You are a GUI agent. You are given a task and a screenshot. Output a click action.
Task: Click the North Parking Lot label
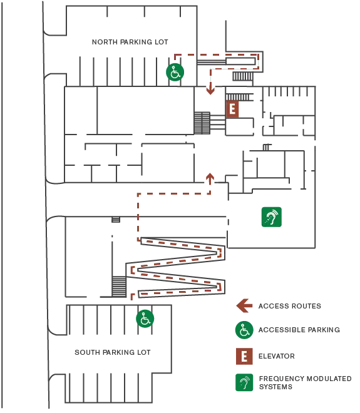tap(130, 42)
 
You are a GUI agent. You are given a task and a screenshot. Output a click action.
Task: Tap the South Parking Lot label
tap(113, 352)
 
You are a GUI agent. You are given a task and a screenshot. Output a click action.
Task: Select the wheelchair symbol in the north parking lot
tap(175, 72)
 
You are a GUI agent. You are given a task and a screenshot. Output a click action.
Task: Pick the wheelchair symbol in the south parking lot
tap(145, 319)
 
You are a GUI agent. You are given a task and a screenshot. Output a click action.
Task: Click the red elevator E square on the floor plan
tap(232, 109)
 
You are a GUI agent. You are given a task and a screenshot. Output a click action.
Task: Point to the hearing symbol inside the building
tap(272, 217)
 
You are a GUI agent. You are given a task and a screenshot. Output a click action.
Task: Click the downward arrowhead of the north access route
tap(210, 91)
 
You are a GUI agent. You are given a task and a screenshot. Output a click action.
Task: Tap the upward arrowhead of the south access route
tap(210, 177)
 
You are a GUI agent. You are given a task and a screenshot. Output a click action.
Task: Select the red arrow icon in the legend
tap(243, 306)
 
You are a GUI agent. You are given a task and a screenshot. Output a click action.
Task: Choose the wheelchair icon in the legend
tap(244, 330)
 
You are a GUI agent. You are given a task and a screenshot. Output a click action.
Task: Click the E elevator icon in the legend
tap(244, 357)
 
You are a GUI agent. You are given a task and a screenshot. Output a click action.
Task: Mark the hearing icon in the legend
tap(244, 382)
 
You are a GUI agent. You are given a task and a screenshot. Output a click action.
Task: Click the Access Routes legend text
tap(290, 306)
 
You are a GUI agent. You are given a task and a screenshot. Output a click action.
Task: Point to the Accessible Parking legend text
tap(299, 330)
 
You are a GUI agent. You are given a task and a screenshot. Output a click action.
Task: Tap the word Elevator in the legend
tap(277, 356)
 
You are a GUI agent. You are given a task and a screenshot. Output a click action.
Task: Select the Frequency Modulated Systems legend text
tap(305, 383)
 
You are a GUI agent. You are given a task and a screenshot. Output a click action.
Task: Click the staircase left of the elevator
tap(202, 123)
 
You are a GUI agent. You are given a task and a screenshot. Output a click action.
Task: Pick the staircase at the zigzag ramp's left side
tap(119, 287)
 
